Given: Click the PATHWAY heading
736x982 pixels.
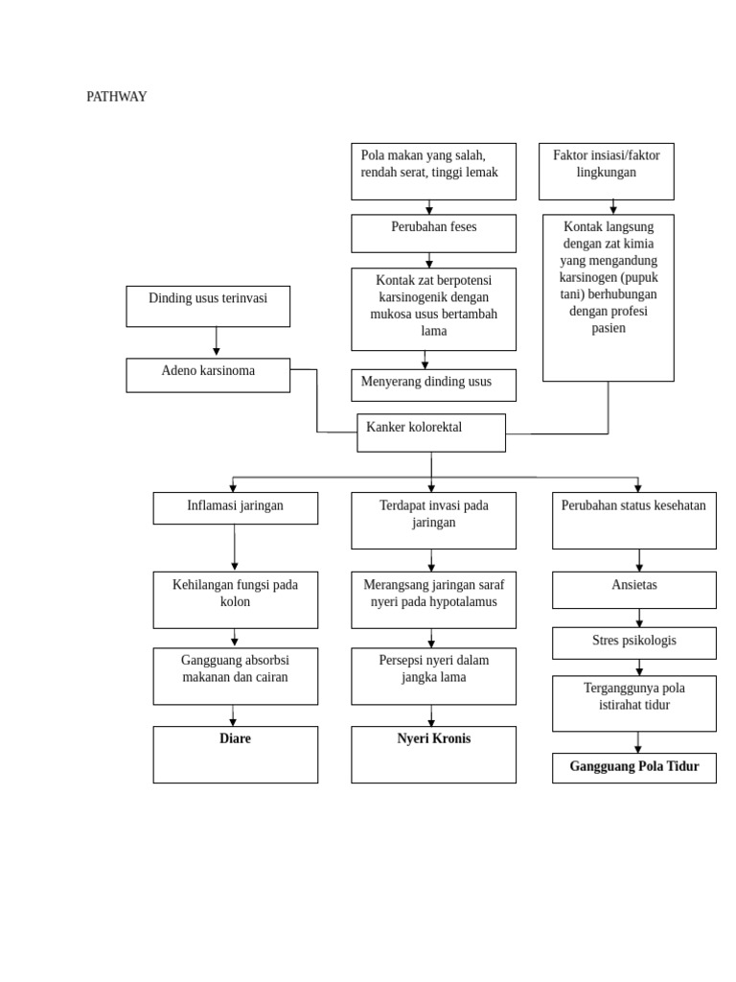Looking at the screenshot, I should point(116,97).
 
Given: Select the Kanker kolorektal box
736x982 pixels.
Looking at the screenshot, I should point(431,433).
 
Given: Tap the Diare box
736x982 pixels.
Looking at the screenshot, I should point(235,754).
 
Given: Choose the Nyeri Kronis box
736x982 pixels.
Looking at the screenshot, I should point(433,754).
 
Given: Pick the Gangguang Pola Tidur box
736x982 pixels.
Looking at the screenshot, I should point(633,767).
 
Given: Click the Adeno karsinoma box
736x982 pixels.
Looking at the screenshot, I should point(208,375).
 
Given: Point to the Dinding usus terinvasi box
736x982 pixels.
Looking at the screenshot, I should point(208,306).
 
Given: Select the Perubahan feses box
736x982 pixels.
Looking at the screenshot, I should point(433,233).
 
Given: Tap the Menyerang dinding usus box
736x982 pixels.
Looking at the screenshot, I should point(433,385).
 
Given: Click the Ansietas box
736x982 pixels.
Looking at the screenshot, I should point(633,590).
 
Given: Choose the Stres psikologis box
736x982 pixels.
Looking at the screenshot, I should point(633,643).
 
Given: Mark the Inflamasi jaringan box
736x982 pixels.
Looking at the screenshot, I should point(235,508).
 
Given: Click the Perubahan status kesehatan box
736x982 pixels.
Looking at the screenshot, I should point(633,521).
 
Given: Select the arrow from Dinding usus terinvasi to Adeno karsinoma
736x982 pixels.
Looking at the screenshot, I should point(216,342).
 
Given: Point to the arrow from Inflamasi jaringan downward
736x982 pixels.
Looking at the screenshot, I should point(235,548).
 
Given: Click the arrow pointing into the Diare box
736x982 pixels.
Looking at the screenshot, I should point(233,715).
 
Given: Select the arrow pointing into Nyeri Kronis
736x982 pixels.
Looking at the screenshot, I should point(431,715).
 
